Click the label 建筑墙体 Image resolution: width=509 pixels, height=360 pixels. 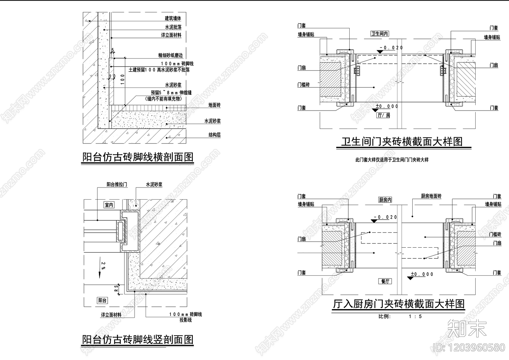click(173, 19)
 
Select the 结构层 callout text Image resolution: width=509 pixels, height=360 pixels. click(214, 135)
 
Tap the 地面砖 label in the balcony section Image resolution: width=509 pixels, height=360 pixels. click(214, 105)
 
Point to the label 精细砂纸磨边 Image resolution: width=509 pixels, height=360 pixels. click(171, 55)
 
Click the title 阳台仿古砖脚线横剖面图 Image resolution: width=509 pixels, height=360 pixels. click(138, 157)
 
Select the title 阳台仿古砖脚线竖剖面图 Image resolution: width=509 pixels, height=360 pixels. click(138, 339)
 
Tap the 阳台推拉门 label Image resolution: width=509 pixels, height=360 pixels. click(117, 185)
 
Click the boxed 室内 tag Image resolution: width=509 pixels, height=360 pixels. click(109, 205)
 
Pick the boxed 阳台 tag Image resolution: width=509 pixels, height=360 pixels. click(102, 300)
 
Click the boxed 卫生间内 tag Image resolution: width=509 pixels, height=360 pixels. click(380, 34)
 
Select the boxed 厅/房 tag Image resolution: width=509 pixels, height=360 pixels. click(384, 115)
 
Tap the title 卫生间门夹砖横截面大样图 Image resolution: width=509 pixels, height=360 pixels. click(402, 141)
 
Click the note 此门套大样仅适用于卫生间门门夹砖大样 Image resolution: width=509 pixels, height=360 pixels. click(392, 160)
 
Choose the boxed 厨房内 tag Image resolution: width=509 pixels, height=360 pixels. click(385, 200)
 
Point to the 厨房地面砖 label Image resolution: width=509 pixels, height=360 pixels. click(431, 196)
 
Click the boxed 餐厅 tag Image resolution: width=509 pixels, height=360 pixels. click(385, 281)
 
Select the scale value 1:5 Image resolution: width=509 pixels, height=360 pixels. click(415, 316)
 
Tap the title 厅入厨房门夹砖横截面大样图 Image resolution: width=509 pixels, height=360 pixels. click(399, 304)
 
